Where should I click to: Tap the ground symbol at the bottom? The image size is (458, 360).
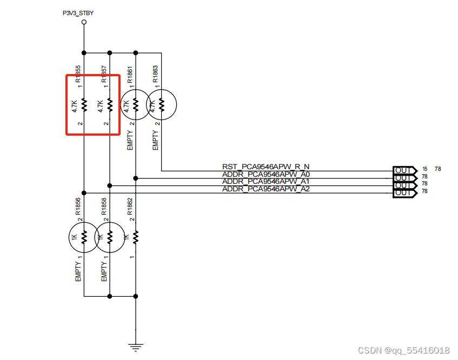136,348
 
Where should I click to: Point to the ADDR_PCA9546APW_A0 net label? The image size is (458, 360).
265,174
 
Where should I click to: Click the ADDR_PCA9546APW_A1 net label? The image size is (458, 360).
265,182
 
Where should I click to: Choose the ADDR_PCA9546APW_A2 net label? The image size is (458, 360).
265,189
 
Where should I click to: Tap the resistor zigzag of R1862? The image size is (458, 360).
136,237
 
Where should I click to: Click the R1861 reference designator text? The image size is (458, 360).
130,75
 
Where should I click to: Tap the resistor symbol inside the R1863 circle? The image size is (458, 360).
161,104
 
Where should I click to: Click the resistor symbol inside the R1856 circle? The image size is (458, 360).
84,237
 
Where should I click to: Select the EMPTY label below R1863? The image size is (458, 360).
156,139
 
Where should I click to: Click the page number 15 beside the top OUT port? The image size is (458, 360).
425,169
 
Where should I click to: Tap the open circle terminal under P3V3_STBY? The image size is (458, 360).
84,23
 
